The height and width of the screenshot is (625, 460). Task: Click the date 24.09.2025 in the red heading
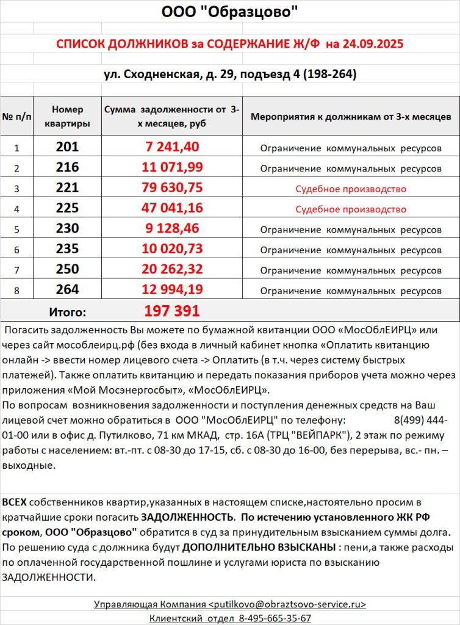[373, 45]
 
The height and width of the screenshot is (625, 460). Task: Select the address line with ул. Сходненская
[229, 74]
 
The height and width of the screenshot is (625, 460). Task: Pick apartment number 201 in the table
[67, 147]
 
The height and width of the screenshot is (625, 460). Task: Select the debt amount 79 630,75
[173, 189]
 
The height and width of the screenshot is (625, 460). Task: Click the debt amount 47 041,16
[173, 209]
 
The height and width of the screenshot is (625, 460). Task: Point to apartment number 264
[67, 290]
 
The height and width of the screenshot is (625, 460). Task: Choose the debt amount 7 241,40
[173, 147]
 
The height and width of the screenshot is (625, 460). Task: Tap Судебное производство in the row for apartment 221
[351, 189]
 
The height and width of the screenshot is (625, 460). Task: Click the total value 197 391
[172, 311]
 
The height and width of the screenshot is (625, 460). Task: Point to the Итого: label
[67, 312]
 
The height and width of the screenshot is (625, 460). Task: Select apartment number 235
[67, 250]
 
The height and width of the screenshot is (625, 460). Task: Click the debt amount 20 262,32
[173, 270]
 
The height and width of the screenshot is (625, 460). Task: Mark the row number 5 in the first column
[17, 229]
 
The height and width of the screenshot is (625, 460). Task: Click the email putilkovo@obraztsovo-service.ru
[287, 604]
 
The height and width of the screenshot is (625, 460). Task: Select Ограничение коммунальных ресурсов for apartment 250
[351, 270]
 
